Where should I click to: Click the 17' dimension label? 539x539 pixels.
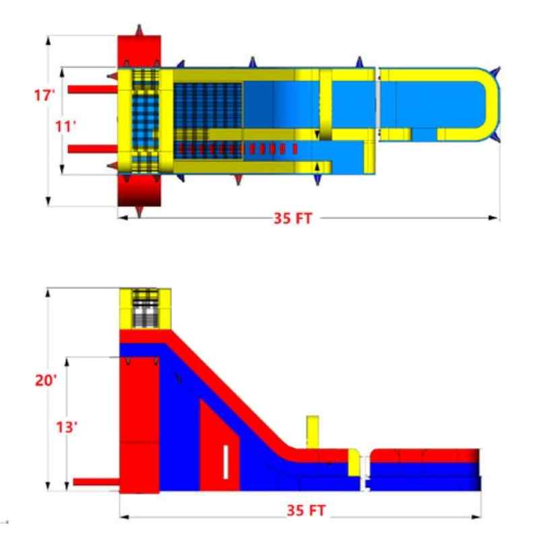tap(44, 96)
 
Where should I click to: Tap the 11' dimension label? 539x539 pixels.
tap(66, 125)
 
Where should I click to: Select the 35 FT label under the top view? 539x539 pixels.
tap(293, 218)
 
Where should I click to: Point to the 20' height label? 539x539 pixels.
tap(46, 380)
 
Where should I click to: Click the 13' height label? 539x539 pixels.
tap(66, 427)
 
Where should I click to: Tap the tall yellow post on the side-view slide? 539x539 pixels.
tap(312, 432)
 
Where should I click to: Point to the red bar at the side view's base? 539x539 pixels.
tap(96, 482)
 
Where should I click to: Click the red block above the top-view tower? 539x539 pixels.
tap(139, 51)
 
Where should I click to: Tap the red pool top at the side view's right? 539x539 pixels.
tap(424, 455)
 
